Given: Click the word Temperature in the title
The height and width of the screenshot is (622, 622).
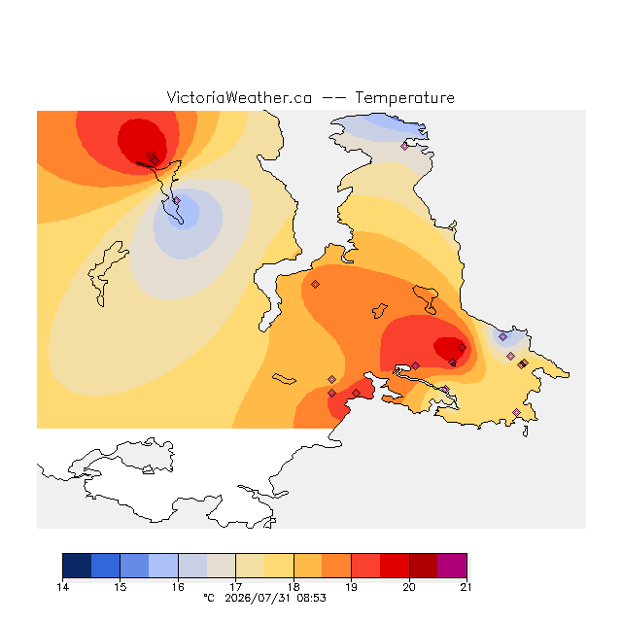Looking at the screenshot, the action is point(404,97).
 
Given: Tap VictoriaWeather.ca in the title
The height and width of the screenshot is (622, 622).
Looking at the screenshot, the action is point(239,97).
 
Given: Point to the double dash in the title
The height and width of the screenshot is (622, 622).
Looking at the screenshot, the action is point(333,98).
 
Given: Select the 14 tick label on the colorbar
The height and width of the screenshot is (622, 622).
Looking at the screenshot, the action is point(62,587).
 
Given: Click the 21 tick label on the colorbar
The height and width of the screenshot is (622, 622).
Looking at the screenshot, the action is point(466,587).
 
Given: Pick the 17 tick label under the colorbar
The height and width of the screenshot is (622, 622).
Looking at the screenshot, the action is point(235,587).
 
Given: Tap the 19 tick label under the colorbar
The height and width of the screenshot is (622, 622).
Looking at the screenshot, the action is point(351,587).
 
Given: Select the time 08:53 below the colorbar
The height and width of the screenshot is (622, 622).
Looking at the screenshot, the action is point(311,598).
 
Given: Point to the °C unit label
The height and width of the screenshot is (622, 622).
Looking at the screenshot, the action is point(209,598).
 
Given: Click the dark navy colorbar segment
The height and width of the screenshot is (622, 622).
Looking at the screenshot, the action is point(77,566).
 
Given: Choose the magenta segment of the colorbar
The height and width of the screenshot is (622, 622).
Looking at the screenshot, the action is point(452,566).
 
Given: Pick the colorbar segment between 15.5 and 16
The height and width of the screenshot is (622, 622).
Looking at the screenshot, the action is point(163,566).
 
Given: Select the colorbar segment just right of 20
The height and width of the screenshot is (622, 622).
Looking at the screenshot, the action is point(424,566).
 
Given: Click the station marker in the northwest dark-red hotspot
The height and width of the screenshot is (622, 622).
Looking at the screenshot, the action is point(155,160).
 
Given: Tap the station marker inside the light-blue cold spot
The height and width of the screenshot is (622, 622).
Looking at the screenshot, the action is point(177,201).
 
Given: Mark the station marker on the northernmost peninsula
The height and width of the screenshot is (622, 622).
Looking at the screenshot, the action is point(404,146).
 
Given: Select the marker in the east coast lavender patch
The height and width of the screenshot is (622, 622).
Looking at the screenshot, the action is point(503,337).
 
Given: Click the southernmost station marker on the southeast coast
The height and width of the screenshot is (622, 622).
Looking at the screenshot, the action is point(516,412).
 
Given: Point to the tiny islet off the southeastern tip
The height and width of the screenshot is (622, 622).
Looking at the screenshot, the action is point(526,432).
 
